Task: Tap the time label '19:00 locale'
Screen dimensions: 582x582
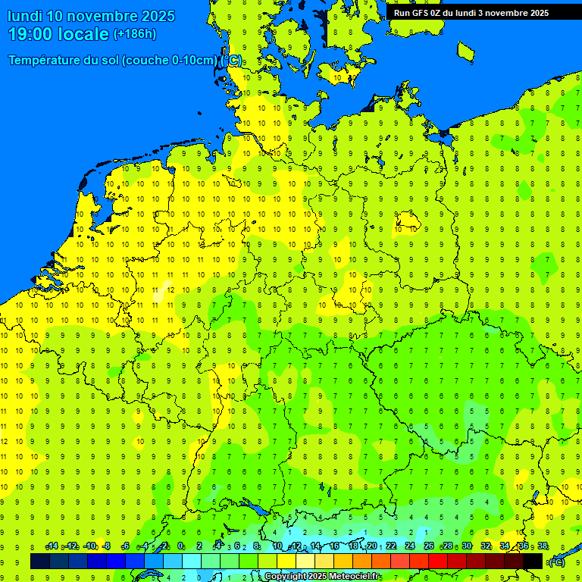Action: (x=59, y=33)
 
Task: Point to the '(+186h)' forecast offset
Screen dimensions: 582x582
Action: (x=134, y=33)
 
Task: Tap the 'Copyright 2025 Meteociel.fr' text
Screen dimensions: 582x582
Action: (x=322, y=577)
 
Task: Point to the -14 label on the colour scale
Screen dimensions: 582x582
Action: (x=52, y=546)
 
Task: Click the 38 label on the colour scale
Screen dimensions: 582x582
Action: (x=543, y=546)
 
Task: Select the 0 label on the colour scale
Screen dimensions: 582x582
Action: (x=180, y=546)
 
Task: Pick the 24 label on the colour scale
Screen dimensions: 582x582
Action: (x=410, y=546)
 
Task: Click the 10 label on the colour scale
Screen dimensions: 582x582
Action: (x=277, y=546)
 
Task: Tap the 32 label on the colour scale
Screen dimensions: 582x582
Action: (x=486, y=546)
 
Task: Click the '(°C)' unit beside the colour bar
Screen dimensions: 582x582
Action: (x=557, y=562)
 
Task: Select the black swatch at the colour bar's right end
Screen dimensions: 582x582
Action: (x=533, y=562)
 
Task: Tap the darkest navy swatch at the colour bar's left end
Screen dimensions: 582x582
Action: (x=40, y=562)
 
